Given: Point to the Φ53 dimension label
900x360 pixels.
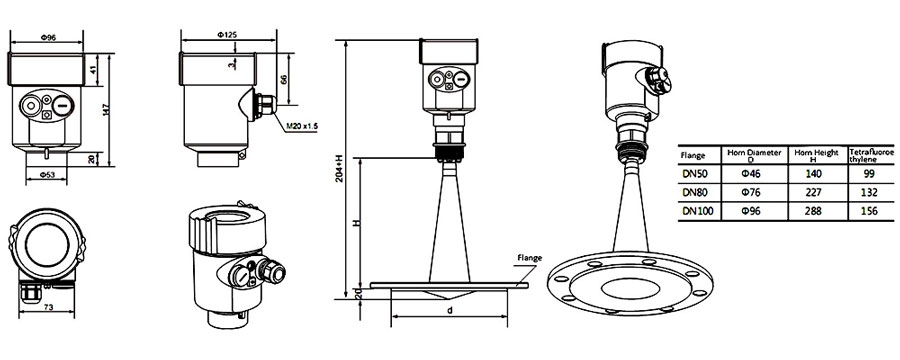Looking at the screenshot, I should [x=48, y=174].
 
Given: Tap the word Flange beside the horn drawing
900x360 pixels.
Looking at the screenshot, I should [x=530, y=257].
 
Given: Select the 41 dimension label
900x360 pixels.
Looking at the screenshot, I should [x=92, y=70].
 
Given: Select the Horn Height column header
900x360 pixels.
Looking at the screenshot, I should [x=811, y=152].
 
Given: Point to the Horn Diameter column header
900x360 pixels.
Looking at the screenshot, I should [x=751, y=152].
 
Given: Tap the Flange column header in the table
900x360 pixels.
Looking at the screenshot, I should [x=693, y=156].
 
